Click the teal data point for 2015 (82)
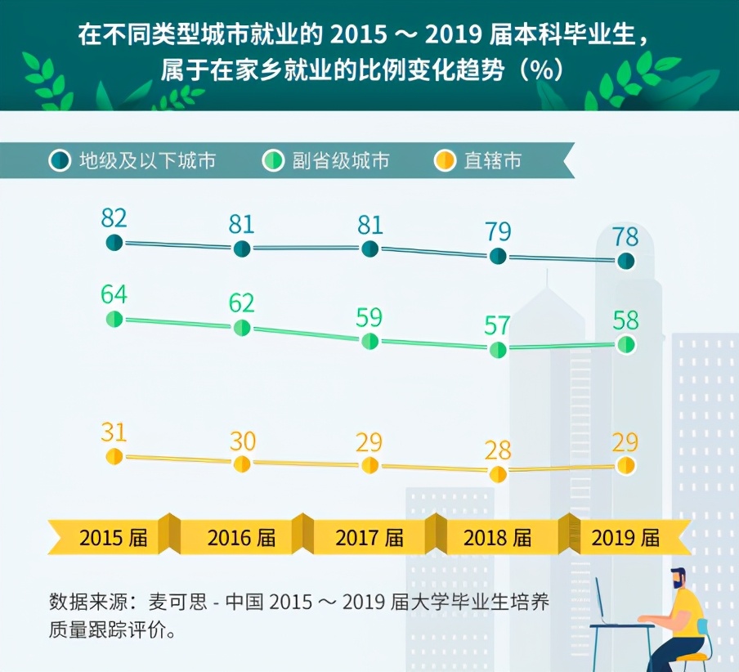[114, 243]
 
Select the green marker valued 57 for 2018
[499, 350]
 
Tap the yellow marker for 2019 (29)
[626, 465]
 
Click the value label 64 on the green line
[114, 293]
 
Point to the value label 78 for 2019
[626, 237]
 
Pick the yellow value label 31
[114, 432]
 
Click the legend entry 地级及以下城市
[147, 161]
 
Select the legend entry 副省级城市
[340, 161]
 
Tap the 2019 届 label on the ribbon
[625, 538]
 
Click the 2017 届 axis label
[369, 538]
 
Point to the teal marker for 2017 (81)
[370, 249]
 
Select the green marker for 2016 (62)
[242, 328]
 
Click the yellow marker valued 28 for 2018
[498, 474]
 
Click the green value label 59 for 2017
[369, 316]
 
